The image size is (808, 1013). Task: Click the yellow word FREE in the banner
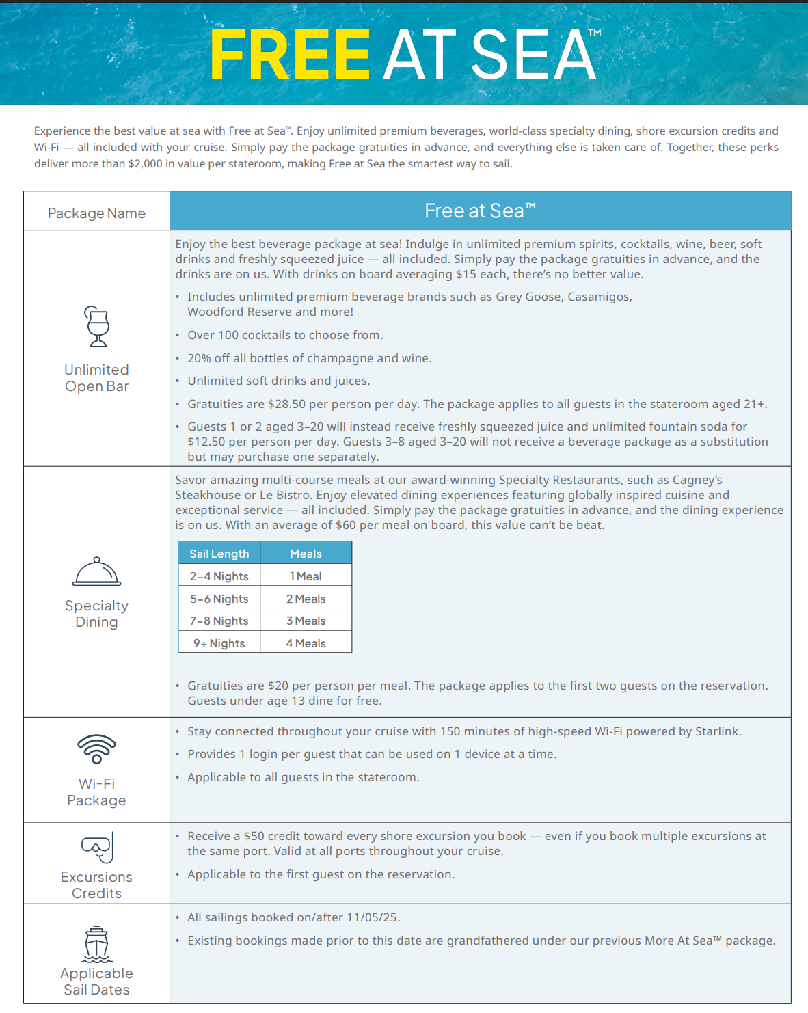point(290,55)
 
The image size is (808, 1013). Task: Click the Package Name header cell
point(96,213)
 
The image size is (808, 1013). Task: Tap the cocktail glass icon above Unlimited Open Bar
point(97,326)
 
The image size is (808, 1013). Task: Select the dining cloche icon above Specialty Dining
point(96,572)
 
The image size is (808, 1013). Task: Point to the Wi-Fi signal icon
point(96,748)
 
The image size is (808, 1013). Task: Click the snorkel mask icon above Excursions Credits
point(97,848)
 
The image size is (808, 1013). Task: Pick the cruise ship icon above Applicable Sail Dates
point(96,944)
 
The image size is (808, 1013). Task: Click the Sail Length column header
point(219,554)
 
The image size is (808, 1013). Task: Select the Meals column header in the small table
point(306,554)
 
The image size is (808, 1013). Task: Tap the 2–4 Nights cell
point(219,576)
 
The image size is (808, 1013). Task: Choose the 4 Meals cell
point(306,643)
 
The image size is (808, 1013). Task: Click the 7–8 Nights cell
point(219,621)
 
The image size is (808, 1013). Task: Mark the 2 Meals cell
point(306,599)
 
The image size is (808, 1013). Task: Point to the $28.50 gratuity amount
point(286,404)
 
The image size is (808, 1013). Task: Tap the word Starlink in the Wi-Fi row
point(717,731)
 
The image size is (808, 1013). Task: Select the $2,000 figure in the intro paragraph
point(146,164)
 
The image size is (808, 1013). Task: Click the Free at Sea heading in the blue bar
point(479,211)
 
